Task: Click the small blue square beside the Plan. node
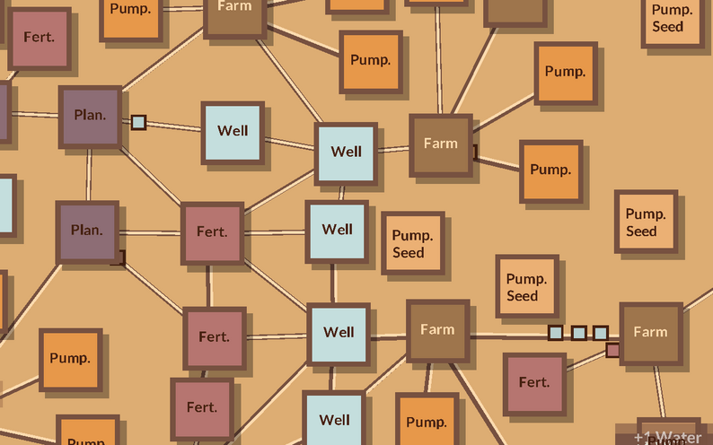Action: pyautogui.click(x=138, y=122)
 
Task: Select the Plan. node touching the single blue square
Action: pyautogui.click(x=90, y=116)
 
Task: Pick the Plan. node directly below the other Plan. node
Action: pyautogui.click(x=87, y=231)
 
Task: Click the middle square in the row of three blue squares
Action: pyautogui.click(x=578, y=333)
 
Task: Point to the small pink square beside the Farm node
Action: pyautogui.click(x=613, y=350)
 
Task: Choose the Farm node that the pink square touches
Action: pyautogui.click(x=650, y=332)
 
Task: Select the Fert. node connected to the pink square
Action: pyautogui.click(x=534, y=383)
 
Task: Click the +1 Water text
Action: pyautogui.click(x=667, y=438)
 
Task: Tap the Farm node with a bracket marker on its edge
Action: pyautogui.click(x=440, y=144)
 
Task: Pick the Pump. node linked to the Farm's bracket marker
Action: pyautogui.click(x=550, y=170)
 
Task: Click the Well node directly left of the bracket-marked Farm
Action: pyautogui.click(x=346, y=152)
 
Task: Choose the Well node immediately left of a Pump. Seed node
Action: pyautogui.click(x=337, y=231)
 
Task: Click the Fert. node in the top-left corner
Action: pyautogui.click(x=39, y=38)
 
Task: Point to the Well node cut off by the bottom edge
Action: pyautogui.click(x=334, y=420)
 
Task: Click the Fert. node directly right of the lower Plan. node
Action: pyautogui.click(x=213, y=232)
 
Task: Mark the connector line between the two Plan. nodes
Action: pyautogui.click(x=89, y=174)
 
